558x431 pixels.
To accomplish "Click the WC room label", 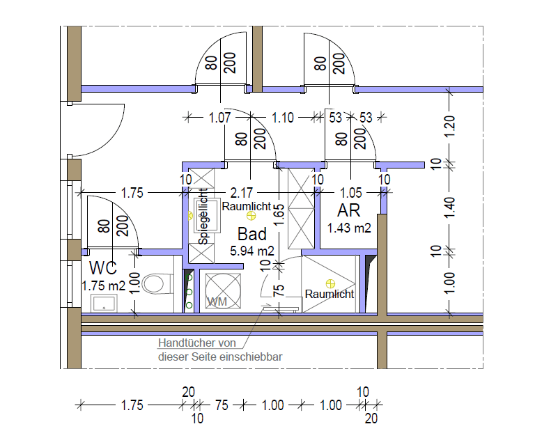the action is coord(103,268).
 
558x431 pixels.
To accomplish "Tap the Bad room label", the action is coord(252,234).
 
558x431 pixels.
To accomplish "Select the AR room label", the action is coord(349,210).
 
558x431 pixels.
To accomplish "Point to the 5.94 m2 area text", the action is coord(252,251).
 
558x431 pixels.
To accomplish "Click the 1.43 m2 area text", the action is coord(349,228).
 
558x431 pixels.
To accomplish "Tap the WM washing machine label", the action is coord(217,301).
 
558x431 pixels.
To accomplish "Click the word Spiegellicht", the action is coord(203,217).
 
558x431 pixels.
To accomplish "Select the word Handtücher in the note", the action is coord(183,343).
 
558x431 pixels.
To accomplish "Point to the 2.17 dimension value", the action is coord(241,193).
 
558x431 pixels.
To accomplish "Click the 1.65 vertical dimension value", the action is coord(279,214).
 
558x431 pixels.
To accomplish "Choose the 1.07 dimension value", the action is coord(219,118).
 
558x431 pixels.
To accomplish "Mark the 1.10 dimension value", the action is coord(283,118).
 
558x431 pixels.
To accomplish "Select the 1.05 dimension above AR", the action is coord(351,193).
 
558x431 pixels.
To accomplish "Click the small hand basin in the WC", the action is coord(104,304).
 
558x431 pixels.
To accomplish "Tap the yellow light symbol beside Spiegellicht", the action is coord(190,215).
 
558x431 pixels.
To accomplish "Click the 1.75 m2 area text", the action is coord(104,285).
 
